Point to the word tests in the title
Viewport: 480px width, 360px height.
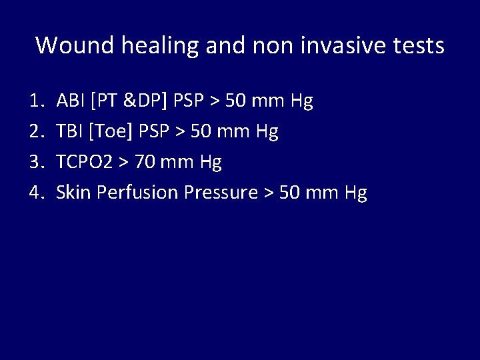[419, 45]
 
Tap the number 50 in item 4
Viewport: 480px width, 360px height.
[289, 193]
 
